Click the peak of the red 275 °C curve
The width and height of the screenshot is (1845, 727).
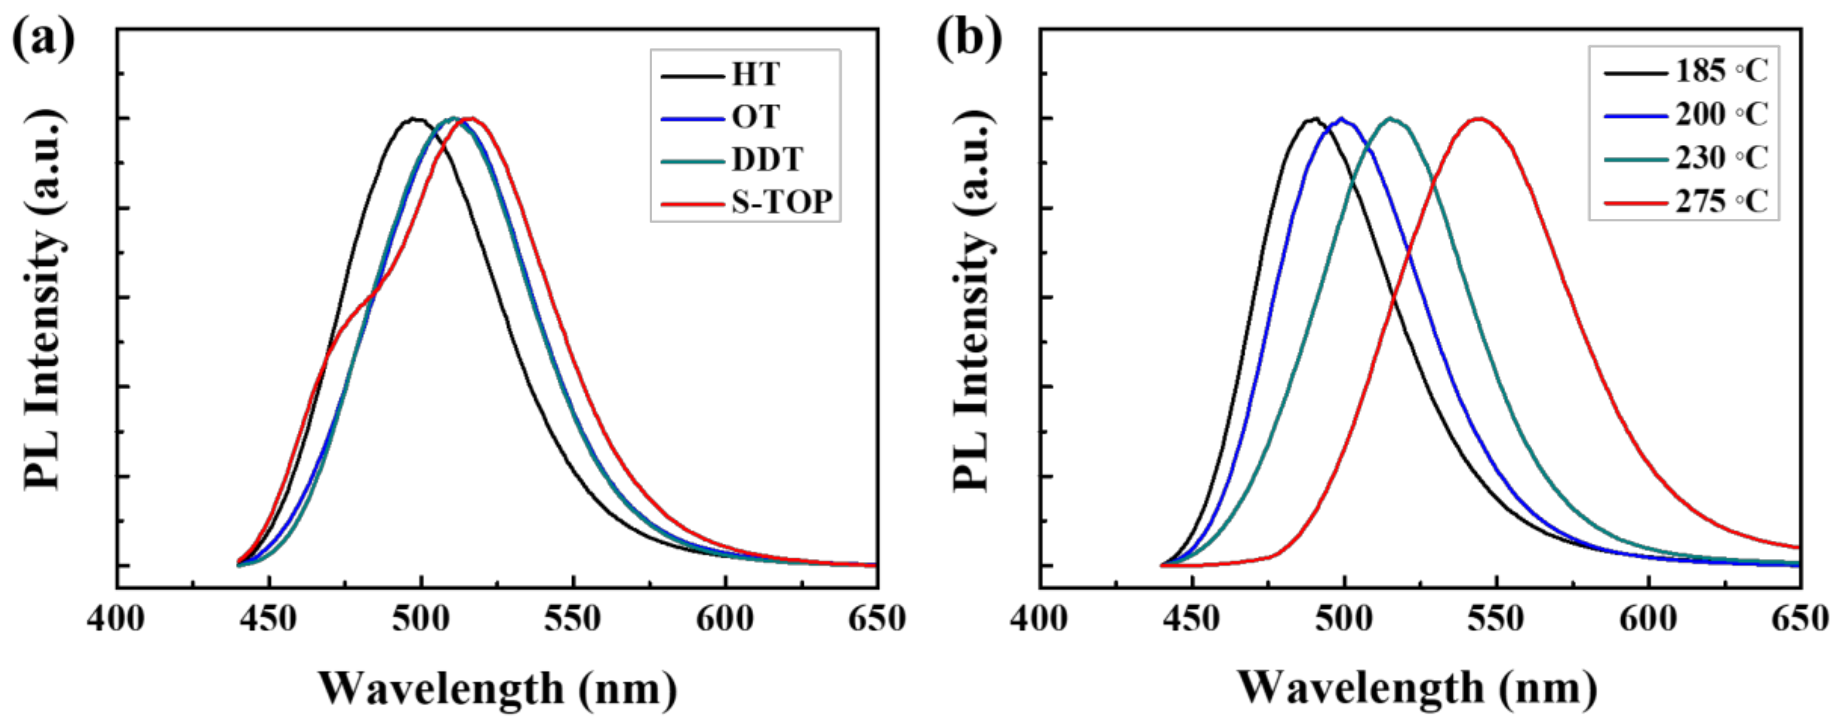click(1479, 118)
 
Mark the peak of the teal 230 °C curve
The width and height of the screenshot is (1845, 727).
click(1390, 118)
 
